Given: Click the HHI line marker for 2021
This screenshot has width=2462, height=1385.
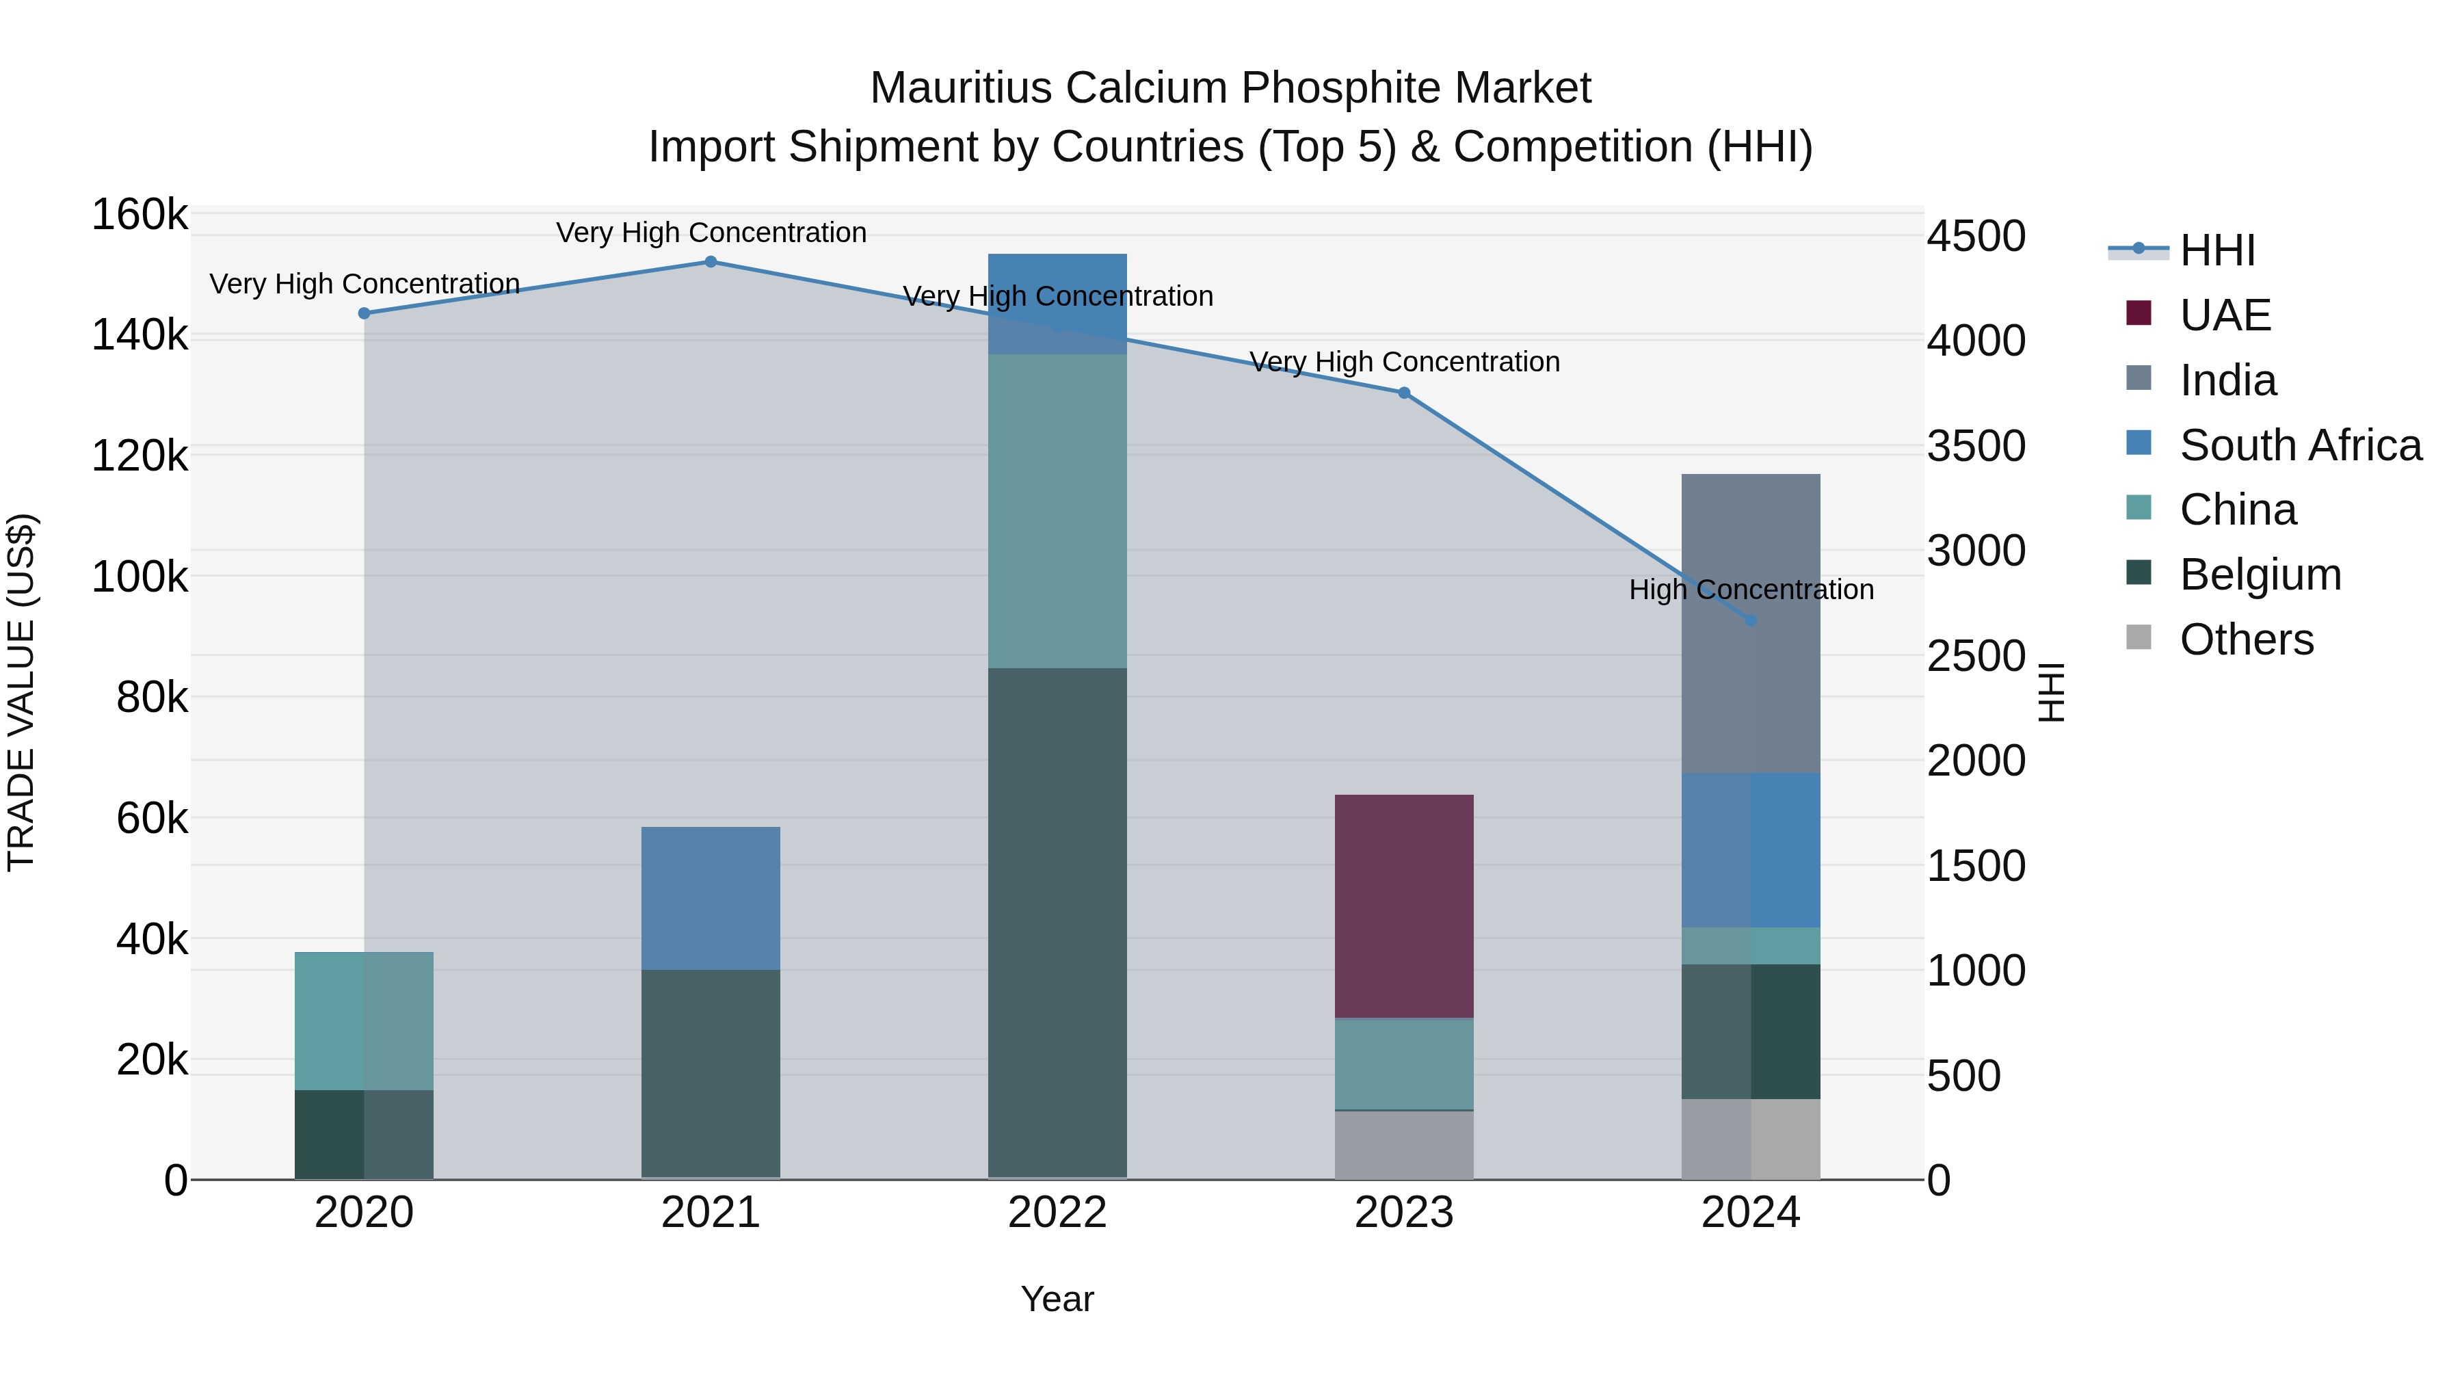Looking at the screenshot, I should (x=710, y=262).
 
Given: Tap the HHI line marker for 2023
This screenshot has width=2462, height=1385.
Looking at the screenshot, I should (x=1404, y=393).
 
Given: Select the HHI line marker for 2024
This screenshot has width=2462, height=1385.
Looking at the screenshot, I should (x=1751, y=620).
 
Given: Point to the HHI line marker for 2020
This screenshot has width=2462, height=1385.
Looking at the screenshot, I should (x=364, y=313).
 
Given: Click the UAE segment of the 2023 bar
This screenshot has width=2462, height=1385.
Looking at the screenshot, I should (x=1404, y=906).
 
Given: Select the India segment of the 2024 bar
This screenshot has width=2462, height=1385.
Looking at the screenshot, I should (x=1751, y=623).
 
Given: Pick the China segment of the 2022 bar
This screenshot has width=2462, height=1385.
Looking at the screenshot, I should (x=1057, y=512).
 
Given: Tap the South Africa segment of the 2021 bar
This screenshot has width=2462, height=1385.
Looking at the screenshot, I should (x=710, y=899).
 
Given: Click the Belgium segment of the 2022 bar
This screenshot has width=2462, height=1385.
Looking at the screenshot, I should (x=1057, y=923).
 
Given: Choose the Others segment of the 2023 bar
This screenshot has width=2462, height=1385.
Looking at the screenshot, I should (x=1404, y=1145).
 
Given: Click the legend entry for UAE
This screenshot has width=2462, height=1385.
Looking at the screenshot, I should (x=2225, y=315).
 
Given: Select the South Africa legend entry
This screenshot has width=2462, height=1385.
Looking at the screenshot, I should (x=2299, y=445).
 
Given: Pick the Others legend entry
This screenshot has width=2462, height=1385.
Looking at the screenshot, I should (x=2246, y=639).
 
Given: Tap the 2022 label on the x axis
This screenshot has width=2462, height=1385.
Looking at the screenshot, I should (x=1057, y=1213).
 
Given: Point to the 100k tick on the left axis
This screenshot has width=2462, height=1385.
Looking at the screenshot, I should (x=140, y=577).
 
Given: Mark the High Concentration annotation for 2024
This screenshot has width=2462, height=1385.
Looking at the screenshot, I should (x=1751, y=590).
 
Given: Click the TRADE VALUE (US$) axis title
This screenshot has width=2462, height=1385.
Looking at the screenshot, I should (x=21, y=692).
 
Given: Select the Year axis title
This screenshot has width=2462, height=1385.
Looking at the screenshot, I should (x=1057, y=1299).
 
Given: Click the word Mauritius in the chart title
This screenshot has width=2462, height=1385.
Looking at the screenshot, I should (x=961, y=88).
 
